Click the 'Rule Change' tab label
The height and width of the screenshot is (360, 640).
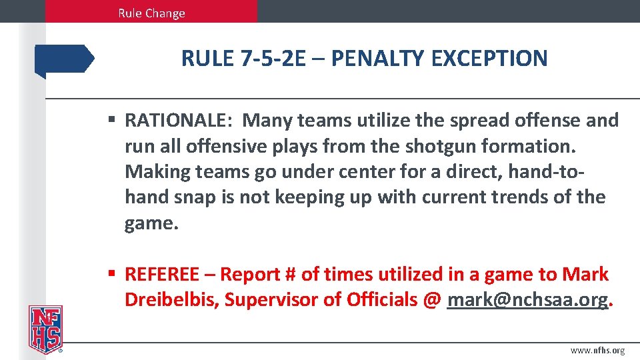coord(151,13)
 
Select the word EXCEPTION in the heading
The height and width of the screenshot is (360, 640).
coord(489,59)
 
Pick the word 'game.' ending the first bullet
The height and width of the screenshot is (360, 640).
coord(151,223)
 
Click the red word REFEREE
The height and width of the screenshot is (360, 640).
coord(162,274)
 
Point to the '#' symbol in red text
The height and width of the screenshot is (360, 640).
coord(289,274)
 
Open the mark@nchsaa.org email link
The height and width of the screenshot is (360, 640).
coord(527,300)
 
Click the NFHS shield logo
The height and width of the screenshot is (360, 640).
coord(45,328)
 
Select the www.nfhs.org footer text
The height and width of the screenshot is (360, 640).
coord(597,351)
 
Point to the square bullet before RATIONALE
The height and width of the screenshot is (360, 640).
coord(113,121)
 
